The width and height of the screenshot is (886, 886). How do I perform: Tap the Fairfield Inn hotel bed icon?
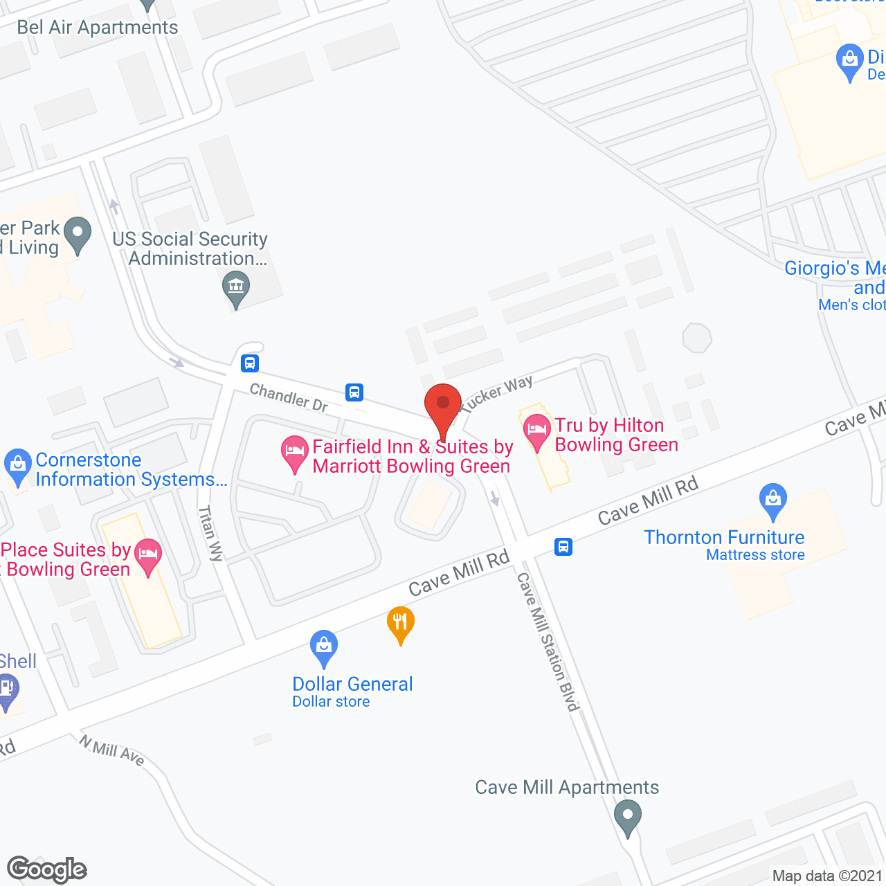click(295, 451)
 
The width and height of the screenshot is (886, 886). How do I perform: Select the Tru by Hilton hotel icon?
click(536, 431)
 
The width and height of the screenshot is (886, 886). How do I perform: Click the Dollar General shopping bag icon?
click(324, 647)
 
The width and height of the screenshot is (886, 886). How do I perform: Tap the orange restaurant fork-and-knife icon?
click(400, 622)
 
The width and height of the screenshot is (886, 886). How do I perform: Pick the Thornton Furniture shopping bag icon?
click(772, 499)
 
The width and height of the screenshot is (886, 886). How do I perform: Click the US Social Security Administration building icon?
click(236, 287)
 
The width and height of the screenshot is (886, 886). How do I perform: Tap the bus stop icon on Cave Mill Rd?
click(563, 547)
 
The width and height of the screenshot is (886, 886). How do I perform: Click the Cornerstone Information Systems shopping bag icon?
click(17, 465)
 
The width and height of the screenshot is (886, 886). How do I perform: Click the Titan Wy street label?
click(211, 533)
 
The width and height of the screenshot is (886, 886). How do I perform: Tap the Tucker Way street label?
click(497, 394)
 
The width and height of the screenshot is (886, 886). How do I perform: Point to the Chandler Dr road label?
click(289, 397)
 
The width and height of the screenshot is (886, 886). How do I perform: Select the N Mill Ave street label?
click(111, 750)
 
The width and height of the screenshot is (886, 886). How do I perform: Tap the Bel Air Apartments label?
click(98, 28)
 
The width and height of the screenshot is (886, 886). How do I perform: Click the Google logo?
click(47, 869)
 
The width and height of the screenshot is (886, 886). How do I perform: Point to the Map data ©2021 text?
click(827, 876)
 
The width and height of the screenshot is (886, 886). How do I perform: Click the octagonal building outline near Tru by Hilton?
click(697, 338)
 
